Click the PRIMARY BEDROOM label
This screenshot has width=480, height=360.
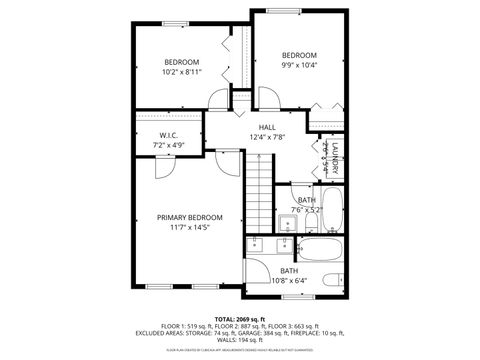(x=189, y=217)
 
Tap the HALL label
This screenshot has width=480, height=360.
(x=267, y=127)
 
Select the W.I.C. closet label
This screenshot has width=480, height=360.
(x=169, y=135)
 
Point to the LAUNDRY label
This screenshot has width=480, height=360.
(x=335, y=158)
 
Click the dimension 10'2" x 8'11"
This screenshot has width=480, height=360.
(x=182, y=72)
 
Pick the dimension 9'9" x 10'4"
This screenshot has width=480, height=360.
(x=298, y=66)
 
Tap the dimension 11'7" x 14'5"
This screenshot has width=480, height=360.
(x=189, y=228)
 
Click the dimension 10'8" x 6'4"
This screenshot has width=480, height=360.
(x=288, y=281)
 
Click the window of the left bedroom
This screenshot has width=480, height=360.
(x=180, y=22)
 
